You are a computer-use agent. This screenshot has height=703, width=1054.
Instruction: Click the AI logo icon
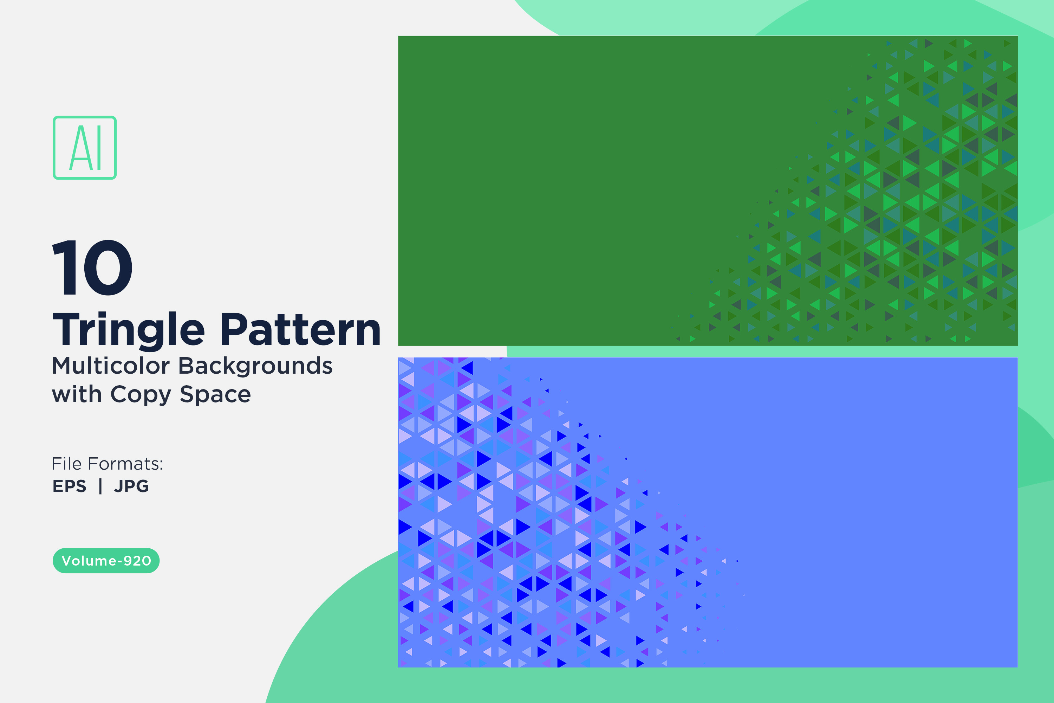(85, 148)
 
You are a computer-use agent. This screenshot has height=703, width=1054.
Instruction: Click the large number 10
(93, 267)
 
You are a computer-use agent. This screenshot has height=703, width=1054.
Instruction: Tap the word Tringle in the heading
(129, 330)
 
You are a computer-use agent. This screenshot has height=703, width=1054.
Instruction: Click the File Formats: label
(108, 464)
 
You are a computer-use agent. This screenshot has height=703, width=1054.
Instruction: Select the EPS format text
(70, 486)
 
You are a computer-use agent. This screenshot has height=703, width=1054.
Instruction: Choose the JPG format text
(131, 486)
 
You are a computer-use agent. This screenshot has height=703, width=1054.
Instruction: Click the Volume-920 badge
(106, 560)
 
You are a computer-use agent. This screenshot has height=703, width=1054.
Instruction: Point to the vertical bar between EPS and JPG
(100, 486)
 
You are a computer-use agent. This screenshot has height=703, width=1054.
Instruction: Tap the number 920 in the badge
(137, 561)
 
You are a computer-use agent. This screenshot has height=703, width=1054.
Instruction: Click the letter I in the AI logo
(99, 148)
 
